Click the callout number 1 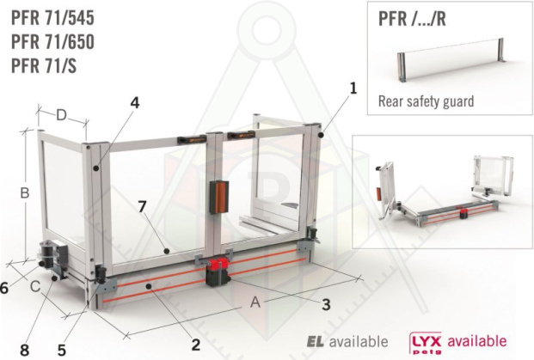pos(353,88)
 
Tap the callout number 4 pos(135,103)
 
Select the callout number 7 pos(143,206)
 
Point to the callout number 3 pos(326,304)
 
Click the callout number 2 pos(196,345)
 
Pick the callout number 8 pos(25,351)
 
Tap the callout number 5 pos(62,351)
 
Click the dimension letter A pos(255,302)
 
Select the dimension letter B pos(25,193)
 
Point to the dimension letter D pos(61,115)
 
